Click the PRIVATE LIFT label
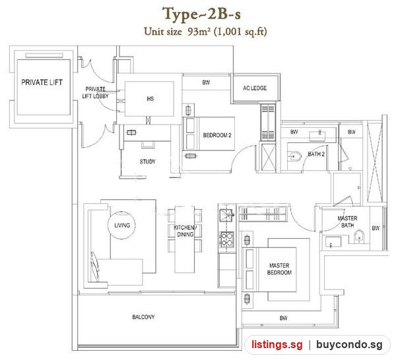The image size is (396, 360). point(42,82)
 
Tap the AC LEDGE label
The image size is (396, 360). point(255,88)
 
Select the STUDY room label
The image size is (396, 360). point(147,162)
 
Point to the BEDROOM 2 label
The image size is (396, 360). point(217,135)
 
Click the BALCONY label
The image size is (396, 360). point(143,317)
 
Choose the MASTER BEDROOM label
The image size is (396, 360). point(279,269)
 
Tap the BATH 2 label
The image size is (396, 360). point(316,154)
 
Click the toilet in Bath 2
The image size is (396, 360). point(294,157)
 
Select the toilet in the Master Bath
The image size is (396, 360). point(359,237)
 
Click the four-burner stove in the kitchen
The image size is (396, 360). point(227,239)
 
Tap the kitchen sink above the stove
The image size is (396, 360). point(226,215)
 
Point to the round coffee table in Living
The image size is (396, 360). point(121,225)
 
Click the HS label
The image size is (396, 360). point(150,99)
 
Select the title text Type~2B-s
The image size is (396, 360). point(201,14)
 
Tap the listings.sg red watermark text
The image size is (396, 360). point(277,344)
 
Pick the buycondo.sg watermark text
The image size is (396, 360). point(349,344)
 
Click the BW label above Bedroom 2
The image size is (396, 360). point(206,82)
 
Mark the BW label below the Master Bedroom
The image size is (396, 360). point(283,318)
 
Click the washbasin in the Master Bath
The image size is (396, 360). point(333,242)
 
